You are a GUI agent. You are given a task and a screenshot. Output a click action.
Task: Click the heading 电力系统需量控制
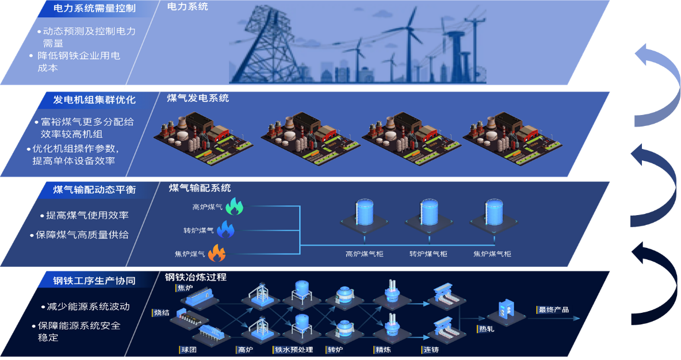[94, 9]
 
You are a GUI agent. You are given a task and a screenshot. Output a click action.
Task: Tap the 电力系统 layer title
[188, 7]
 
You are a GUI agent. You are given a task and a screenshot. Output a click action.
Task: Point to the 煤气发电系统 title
[198, 98]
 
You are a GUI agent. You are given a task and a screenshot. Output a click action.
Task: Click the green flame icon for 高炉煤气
[235, 206]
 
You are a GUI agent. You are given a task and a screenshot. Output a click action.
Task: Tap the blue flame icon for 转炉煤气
[226, 230]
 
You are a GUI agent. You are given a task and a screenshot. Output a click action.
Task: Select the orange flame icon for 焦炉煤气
[217, 253]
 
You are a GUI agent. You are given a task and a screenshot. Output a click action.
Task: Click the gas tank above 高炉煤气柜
[364, 213]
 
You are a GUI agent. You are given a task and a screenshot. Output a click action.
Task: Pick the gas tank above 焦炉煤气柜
[493, 213]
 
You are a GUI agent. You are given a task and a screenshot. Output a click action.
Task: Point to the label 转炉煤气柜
[428, 254]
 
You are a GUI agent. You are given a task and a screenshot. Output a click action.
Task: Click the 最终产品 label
[553, 310]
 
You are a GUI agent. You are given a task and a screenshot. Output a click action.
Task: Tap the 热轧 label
[486, 330]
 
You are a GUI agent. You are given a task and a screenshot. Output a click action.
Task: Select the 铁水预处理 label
[294, 350]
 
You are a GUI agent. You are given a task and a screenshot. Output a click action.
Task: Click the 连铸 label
[430, 350]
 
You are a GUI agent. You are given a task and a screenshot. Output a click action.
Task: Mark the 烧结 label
[162, 313]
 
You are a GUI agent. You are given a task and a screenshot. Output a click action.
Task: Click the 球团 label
[189, 350]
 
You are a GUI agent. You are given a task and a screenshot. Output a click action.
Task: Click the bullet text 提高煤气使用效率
[87, 215]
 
